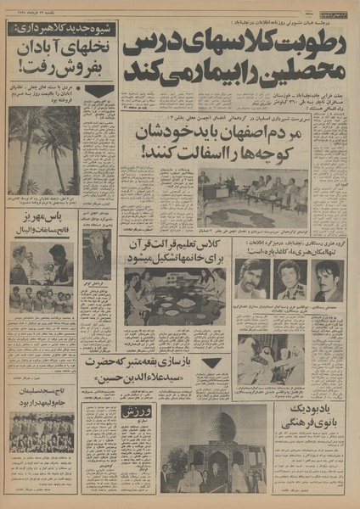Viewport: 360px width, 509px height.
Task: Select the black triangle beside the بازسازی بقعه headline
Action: tap(211, 362)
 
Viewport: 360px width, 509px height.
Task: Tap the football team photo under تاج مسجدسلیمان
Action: tap(42, 433)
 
